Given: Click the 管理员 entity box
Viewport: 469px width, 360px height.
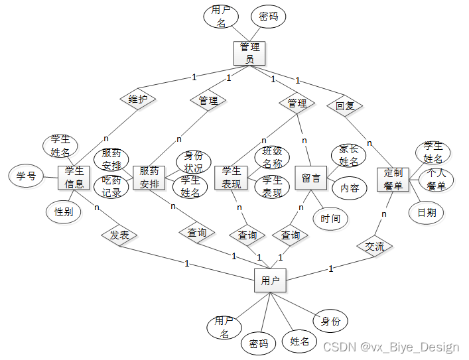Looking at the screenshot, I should (249, 53).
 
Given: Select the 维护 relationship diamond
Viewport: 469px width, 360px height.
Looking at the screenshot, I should (138, 99).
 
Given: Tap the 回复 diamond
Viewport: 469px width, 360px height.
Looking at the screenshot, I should (344, 105).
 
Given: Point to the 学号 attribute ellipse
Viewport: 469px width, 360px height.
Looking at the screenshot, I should (26, 176).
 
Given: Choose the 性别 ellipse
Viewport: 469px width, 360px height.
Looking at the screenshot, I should (64, 212).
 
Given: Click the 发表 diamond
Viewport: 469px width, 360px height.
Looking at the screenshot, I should (119, 235).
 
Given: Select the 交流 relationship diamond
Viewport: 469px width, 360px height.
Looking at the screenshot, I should (375, 247).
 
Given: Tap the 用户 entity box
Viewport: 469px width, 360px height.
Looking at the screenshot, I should (270, 281).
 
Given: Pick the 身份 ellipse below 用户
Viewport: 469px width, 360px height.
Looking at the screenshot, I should (330, 322).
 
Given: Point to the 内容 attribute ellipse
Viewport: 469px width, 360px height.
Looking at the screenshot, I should (350, 188).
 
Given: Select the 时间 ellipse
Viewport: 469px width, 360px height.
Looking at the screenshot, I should (330, 219).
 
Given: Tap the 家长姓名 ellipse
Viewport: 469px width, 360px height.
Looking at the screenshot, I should (349, 156).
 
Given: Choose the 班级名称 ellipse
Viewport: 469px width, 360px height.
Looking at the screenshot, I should (272, 157).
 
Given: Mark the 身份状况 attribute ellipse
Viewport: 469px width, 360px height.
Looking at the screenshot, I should (193, 161).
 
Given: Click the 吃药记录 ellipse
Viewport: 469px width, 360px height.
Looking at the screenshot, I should (111, 188).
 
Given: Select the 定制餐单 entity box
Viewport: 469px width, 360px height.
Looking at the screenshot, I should (393, 180).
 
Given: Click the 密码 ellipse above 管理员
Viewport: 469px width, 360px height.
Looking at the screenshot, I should (269, 17).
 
